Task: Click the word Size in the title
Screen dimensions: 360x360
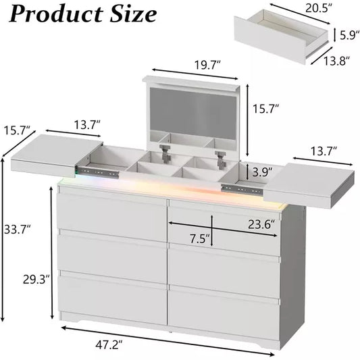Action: (x=133, y=14)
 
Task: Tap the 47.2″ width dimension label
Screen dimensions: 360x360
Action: (x=109, y=344)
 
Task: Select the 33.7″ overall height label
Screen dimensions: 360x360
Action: (x=18, y=229)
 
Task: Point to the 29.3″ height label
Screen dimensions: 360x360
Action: (x=36, y=280)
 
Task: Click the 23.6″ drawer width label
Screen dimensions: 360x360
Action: (x=261, y=224)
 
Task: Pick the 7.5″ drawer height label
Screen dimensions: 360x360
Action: (x=200, y=239)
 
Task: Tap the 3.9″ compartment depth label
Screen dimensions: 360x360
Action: (x=263, y=172)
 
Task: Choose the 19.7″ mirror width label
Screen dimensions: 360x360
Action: (x=208, y=65)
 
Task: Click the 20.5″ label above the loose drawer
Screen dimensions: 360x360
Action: (x=319, y=9)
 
